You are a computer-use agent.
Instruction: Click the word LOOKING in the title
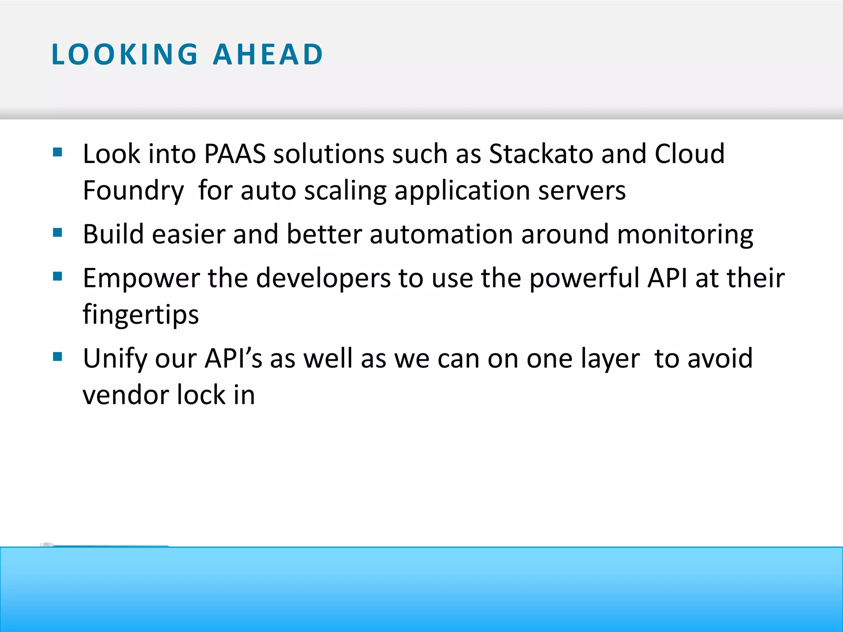coord(125,55)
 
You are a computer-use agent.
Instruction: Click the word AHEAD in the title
coord(268,55)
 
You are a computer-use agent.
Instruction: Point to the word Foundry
coord(133,191)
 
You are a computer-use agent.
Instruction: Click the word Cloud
coord(689,154)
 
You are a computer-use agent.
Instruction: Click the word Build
coord(113,234)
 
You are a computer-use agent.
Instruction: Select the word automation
coord(441,234)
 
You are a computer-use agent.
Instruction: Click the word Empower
coord(141,278)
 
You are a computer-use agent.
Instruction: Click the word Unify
coord(115,359)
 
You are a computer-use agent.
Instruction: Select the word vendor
coord(126,395)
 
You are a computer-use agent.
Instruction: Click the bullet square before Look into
coord(58,153)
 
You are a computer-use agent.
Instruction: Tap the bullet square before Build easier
coord(58,233)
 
